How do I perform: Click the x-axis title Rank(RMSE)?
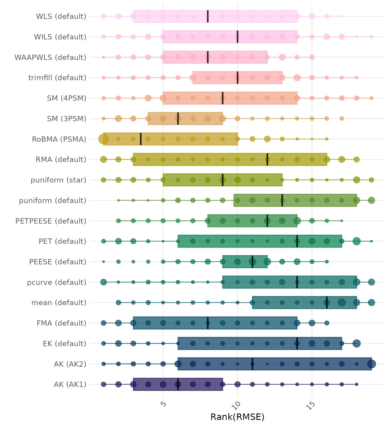237,417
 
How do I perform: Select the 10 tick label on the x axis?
238,405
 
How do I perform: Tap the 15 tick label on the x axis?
311,405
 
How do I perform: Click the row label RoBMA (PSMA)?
59,139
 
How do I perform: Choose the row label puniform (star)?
58,180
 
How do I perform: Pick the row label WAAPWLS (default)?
50,57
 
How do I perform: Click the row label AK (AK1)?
70,385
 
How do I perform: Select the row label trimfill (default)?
57,78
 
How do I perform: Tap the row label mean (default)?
59,303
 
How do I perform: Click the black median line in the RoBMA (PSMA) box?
141,139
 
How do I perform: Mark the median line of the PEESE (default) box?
252,262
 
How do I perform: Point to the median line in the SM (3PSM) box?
178,118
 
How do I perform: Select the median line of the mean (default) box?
327,302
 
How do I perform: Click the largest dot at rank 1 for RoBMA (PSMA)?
104,139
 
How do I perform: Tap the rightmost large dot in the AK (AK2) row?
371,364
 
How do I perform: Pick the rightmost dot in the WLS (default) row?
342,16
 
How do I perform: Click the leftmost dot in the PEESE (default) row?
104,262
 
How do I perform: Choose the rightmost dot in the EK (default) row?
356,343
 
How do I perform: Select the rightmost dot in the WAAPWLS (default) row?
312,57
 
